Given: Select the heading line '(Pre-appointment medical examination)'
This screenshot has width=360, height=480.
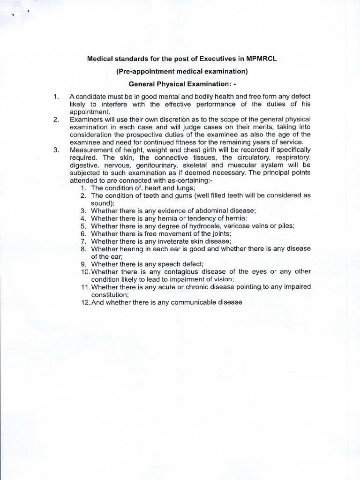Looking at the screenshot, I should [179, 71].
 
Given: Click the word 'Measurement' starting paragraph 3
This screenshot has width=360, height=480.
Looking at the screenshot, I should [91, 150].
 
